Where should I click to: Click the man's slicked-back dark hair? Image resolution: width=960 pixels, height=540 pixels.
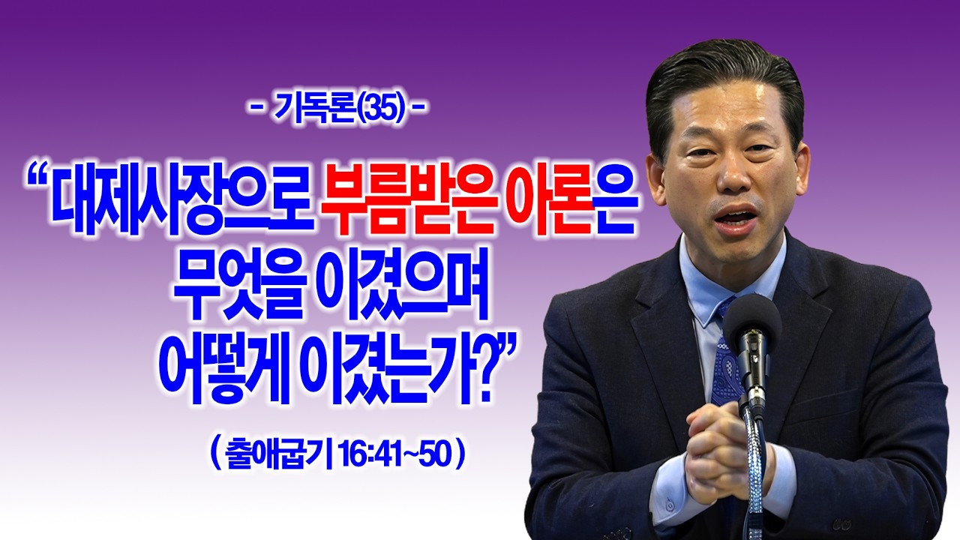(x=720, y=75)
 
